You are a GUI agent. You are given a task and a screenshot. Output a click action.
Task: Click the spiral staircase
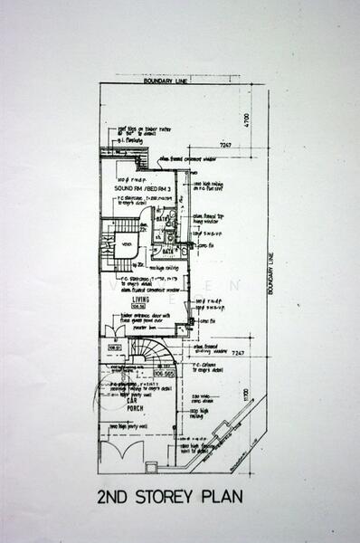(144, 353)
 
